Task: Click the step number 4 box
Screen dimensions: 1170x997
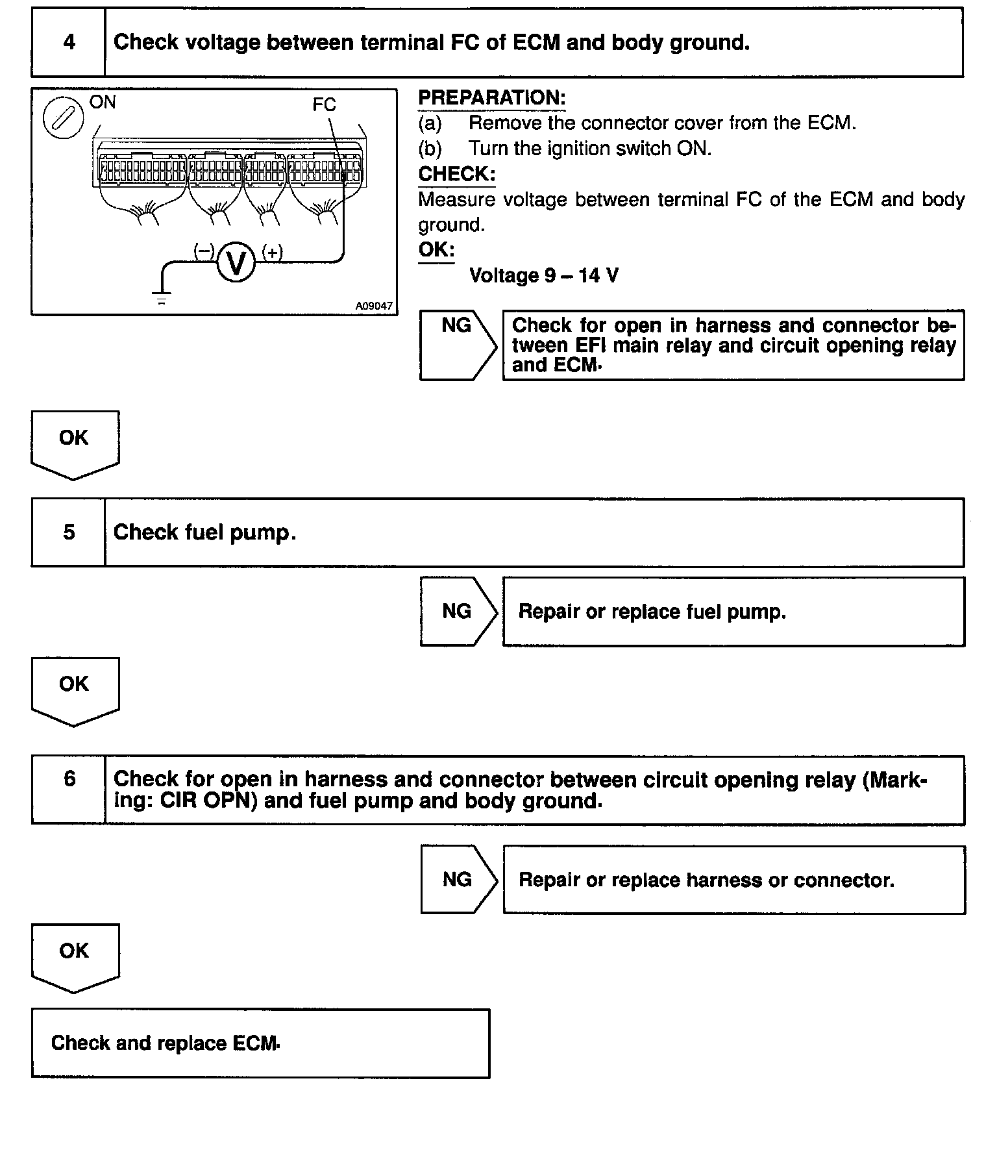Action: [68, 43]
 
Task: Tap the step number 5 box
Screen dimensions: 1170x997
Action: [68, 532]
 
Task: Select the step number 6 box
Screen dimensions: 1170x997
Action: [68, 779]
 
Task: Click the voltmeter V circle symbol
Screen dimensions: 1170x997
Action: [236, 262]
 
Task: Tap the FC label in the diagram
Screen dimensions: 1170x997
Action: [324, 105]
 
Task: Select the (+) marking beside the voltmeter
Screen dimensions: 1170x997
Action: [273, 252]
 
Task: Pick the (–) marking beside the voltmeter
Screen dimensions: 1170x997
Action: [204, 251]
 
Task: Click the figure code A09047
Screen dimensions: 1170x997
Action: [375, 306]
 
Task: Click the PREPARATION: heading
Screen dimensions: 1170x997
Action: [491, 98]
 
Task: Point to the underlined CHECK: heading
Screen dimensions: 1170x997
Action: [456, 174]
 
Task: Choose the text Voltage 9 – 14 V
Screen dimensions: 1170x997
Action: [543, 276]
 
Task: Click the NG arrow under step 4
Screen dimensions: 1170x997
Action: [458, 344]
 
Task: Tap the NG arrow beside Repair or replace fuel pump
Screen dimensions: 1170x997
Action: [458, 611]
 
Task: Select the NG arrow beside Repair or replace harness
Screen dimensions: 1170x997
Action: [458, 879]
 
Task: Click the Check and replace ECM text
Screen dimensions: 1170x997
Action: [166, 1043]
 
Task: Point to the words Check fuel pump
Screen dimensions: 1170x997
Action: [204, 532]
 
